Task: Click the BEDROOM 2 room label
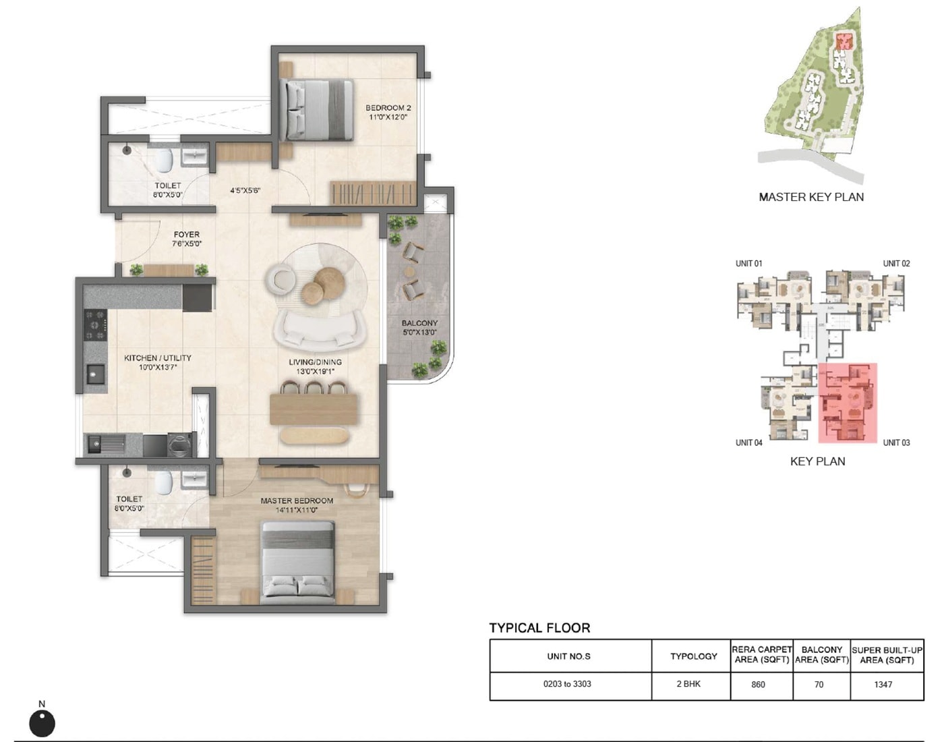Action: pos(388,108)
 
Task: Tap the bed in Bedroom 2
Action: pos(318,110)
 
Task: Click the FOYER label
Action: pos(187,235)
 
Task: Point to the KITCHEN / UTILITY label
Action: pos(158,358)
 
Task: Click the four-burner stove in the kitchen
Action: pos(95,324)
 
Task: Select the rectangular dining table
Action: pos(314,409)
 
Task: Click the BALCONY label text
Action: pos(419,323)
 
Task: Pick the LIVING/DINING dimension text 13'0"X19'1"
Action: pos(316,372)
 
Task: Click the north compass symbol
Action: pos(42,723)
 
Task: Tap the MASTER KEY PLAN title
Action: pos(811,197)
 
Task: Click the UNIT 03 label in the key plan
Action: pos(896,443)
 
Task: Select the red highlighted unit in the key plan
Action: pos(848,402)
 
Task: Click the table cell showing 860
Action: pos(758,685)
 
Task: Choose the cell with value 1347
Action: pos(883,685)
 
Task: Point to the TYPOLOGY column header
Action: pos(693,656)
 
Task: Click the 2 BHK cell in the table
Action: pos(688,684)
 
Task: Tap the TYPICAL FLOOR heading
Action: pos(539,628)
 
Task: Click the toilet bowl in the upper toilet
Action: pos(164,161)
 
